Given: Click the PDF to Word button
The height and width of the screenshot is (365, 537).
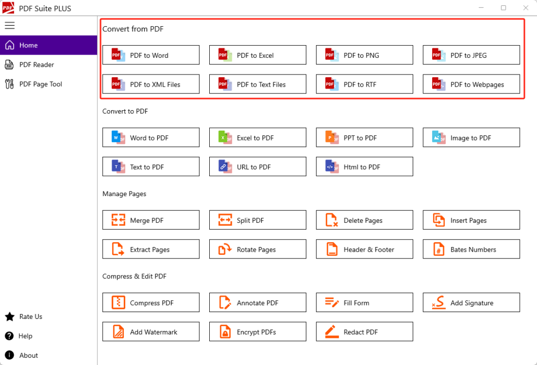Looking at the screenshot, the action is tap(151, 55).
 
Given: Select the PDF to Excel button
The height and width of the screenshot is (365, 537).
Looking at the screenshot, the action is tap(257, 55).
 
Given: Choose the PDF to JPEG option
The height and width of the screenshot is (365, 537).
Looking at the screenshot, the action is tap(471, 55).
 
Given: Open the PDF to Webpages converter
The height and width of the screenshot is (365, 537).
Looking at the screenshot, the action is tap(471, 84).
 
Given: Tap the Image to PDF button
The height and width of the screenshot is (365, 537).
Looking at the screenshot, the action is tap(471, 137).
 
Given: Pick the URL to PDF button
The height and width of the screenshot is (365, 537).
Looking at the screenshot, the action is tap(257, 166).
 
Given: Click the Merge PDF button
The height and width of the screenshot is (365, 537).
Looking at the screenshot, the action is tap(151, 220).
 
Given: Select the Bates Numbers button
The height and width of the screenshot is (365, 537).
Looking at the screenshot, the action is tap(471, 249).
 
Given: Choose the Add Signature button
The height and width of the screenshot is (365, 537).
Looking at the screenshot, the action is tap(471, 303).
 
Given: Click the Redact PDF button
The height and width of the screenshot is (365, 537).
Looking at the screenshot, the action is tap(364, 331).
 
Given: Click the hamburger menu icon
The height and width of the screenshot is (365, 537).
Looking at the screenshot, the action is tap(9, 25).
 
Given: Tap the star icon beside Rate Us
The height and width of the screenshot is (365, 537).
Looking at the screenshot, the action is tap(9, 317).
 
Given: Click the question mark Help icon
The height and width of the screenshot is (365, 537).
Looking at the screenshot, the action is tap(9, 336).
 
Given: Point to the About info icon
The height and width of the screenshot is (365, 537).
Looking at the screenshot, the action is tap(9, 355).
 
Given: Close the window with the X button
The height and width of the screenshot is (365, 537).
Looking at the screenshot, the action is tap(525, 7).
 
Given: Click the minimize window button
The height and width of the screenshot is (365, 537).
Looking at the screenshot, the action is tap(481, 7).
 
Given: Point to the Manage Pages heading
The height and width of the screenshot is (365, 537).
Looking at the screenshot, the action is tap(124, 194).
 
